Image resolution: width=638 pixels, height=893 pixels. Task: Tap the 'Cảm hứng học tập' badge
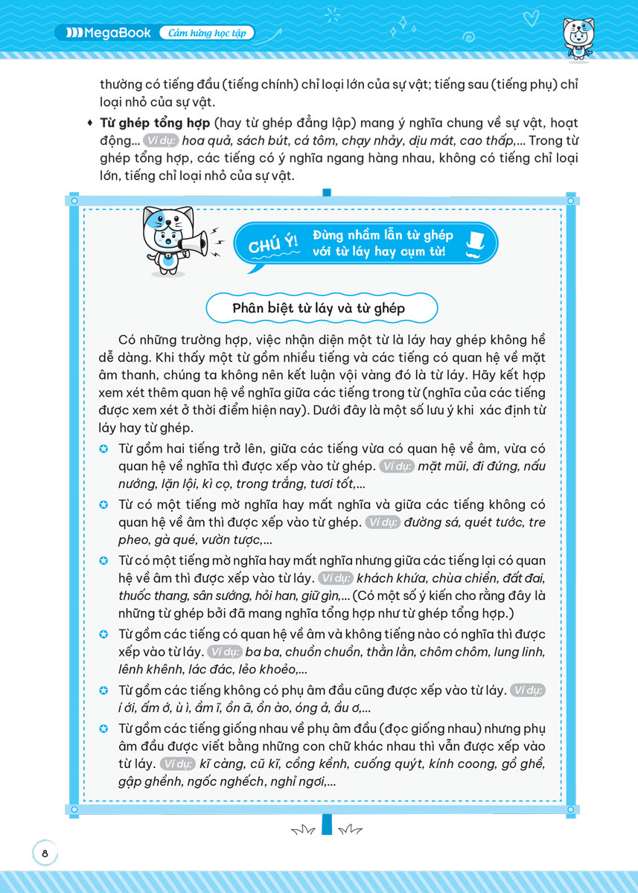[207, 33]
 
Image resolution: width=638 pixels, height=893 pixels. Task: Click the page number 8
[45, 854]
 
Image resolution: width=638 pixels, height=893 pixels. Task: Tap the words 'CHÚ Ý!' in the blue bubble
[272, 244]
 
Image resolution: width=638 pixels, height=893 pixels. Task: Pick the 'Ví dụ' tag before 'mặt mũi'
[396, 467]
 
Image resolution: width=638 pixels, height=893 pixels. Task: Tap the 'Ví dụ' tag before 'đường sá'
[383, 523]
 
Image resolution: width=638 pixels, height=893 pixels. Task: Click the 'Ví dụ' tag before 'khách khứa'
[335, 578]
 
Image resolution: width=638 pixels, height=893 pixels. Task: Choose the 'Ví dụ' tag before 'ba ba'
[225, 652]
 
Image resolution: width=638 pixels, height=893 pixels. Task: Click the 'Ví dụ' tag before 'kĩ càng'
[176, 764]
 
